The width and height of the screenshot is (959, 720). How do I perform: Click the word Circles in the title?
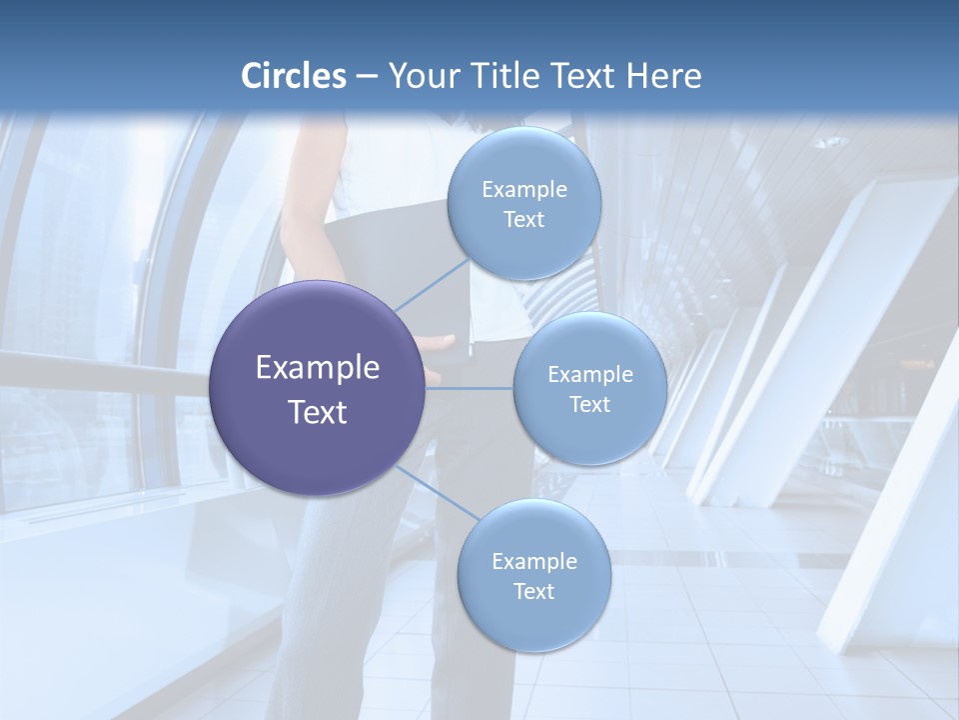pyautogui.click(x=294, y=76)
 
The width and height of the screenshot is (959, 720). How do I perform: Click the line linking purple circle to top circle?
pyautogui.click(x=432, y=284)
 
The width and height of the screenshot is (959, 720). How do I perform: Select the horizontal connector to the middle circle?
pyautogui.click(x=470, y=388)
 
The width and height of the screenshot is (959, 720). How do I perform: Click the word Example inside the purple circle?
pyautogui.click(x=318, y=368)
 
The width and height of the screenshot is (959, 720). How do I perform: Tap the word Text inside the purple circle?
pyautogui.click(x=318, y=412)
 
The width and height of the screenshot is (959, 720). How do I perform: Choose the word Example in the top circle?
pyautogui.click(x=524, y=190)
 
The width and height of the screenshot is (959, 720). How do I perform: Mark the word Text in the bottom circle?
pyautogui.click(x=533, y=591)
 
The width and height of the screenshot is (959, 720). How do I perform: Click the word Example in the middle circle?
pyautogui.click(x=590, y=375)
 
